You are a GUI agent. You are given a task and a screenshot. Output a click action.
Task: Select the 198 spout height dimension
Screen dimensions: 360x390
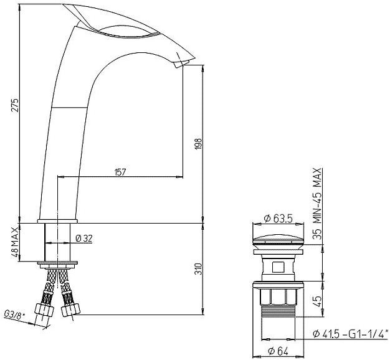point(198,144)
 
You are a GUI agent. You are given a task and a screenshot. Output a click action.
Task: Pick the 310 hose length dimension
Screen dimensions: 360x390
point(198,269)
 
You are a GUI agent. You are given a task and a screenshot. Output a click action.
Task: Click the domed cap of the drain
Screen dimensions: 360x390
point(278,237)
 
